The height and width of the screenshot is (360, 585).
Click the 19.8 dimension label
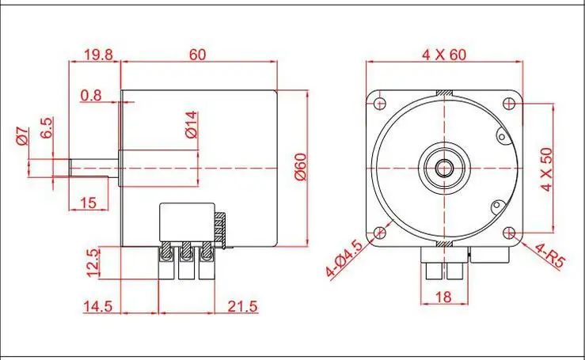pyautogui.click(x=98, y=55)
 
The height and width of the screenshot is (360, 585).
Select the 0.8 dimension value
pyautogui.click(x=91, y=96)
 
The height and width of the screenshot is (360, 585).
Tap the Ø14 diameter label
pyautogui.click(x=192, y=125)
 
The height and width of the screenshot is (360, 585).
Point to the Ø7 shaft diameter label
pyautogui.click(x=22, y=136)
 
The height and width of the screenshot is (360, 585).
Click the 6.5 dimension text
pyautogui.click(x=47, y=127)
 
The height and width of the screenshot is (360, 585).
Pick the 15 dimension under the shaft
pyautogui.click(x=89, y=203)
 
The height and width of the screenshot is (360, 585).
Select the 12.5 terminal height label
pyautogui.click(x=93, y=263)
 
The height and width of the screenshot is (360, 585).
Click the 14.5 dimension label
pyautogui.click(x=97, y=307)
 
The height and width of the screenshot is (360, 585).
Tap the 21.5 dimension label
pyautogui.click(x=242, y=307)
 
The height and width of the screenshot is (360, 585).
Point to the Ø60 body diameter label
pyautogui.click(x=301, y=167)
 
